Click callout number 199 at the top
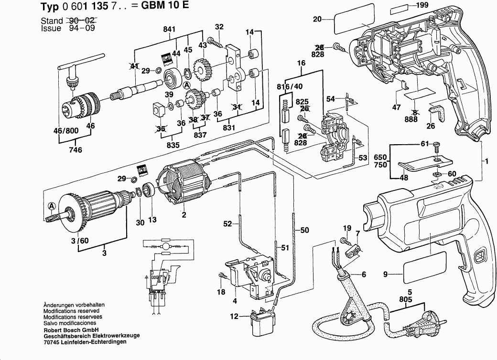pos(421,6)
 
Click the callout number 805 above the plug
pos(406,299)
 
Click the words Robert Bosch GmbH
pos(71,330)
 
